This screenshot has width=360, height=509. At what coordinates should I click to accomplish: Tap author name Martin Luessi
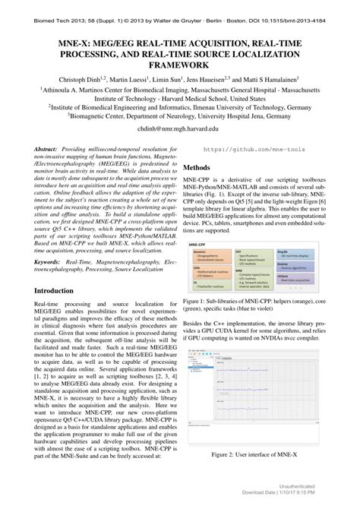[131, 80]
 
